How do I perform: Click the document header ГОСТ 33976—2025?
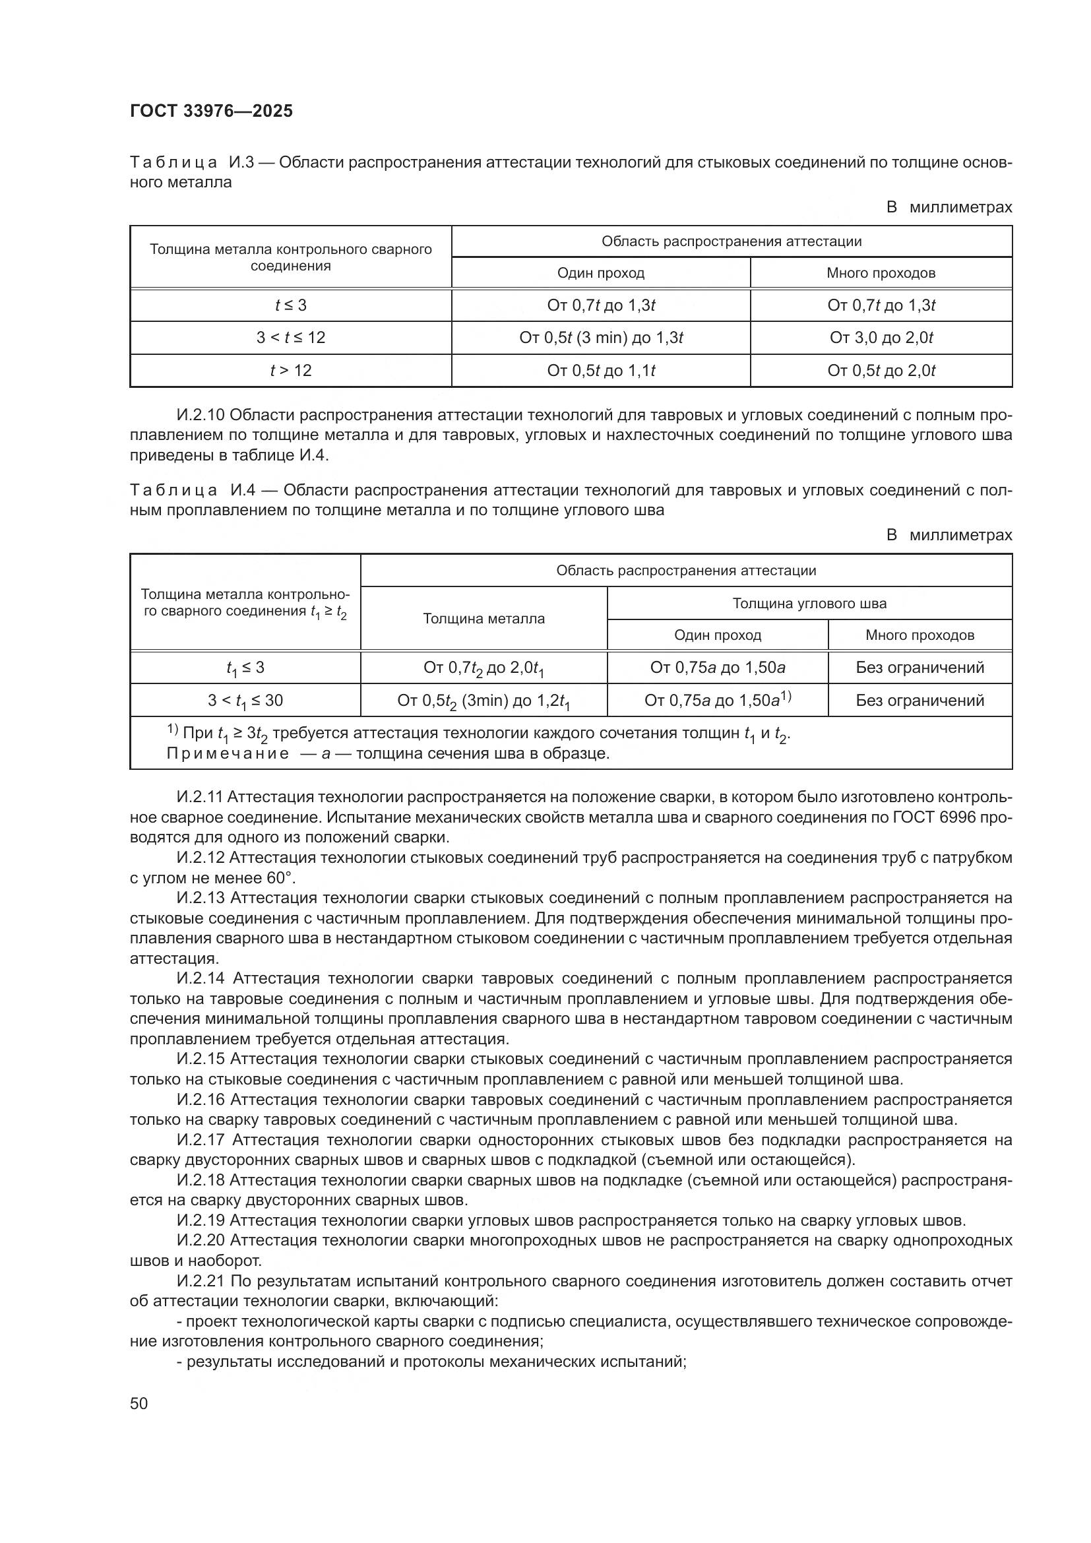[x=211, y=111]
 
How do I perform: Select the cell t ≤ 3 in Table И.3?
[x=290, y=305]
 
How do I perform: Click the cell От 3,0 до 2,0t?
[x=881, y=337]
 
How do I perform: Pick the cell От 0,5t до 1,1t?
[x=601, y=370]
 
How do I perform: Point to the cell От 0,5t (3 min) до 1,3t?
[x=601, y=337]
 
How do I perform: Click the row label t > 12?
[x=290, y=370]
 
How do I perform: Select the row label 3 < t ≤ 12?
[x=290, y=337]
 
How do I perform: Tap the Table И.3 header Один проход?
[x=601, y=273]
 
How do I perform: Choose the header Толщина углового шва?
[x=809, y=603]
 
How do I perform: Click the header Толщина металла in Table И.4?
[x=483, y=618]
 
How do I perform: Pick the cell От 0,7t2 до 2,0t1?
[x=483, y=668]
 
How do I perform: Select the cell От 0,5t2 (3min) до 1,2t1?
[x=483, y=701]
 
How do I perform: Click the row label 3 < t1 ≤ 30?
[x=245, y=701]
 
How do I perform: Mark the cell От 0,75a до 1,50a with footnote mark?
[x=718, y=701]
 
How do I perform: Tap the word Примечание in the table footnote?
[x=227, y=753]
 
